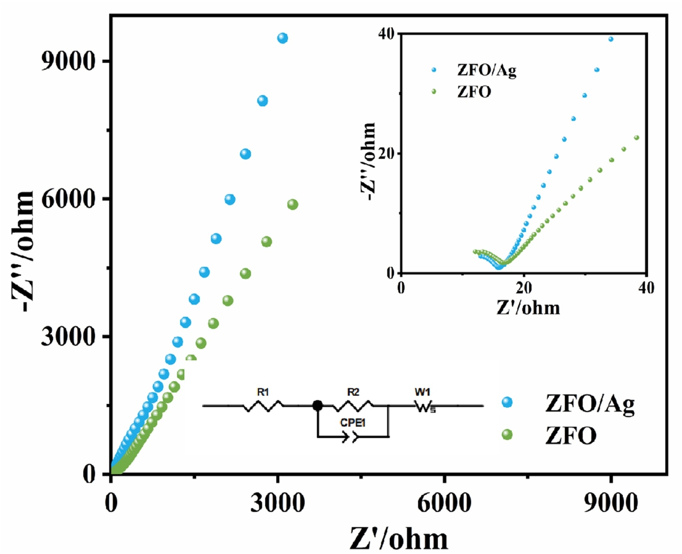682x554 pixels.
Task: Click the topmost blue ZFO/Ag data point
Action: (282, 38)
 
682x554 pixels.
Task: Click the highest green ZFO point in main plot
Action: (292, 204)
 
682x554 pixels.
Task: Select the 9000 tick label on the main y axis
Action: (67, 61)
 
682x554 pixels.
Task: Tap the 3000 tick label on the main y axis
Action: (67, 337)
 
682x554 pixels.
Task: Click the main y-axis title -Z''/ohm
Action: (23, 252)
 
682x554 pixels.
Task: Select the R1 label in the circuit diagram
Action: (263, 392)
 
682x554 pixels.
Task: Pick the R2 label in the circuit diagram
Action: (353, 392)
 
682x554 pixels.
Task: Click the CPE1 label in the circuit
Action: (353, 423)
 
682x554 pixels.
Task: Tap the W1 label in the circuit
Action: (422, 392)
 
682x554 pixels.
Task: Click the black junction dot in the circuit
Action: (317, 405)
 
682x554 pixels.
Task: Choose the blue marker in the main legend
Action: (507, 402)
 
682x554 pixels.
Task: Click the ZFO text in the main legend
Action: (570, 436)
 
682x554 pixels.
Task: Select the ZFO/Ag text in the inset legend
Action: (486, 70)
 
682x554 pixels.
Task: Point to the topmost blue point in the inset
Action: (611, 39)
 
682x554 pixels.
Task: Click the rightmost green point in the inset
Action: (637, 138)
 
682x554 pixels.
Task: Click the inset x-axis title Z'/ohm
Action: (528, 308)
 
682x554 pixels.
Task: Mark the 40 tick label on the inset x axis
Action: (646, 288)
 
